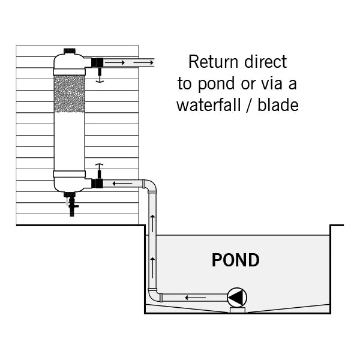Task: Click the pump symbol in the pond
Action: point(236,296)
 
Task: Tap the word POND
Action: point(236,260)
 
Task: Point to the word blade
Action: point(279,105)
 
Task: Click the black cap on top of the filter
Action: point(70,52)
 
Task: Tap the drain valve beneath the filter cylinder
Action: point(72,206)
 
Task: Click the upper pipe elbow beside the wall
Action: point(150,185)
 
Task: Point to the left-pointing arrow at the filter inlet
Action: point(123,183)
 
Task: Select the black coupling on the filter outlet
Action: point(97,62)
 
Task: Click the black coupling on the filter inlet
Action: point(97,183)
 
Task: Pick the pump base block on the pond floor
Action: point(236,310)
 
